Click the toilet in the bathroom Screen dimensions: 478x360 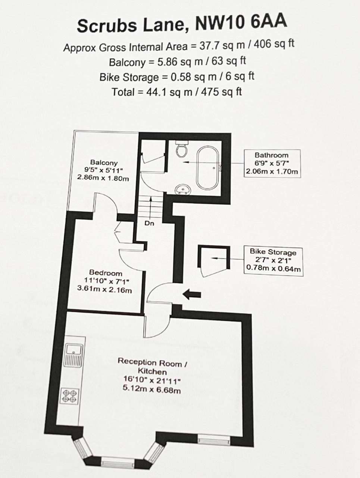[182, 150]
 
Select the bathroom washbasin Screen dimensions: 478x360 [183, 190]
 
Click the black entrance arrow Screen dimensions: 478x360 [192, 295]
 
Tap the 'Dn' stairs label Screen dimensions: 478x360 [150, 223]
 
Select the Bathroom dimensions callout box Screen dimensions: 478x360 [272, 163]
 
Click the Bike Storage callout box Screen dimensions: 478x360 [273, 261]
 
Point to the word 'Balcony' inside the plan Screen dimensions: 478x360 [103, 162]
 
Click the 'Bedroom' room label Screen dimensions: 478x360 [105, 273]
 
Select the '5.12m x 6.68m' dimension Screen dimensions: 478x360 [152, 390]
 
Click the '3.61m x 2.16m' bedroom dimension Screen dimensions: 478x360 [105, 290]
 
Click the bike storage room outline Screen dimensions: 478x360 [212, 261]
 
